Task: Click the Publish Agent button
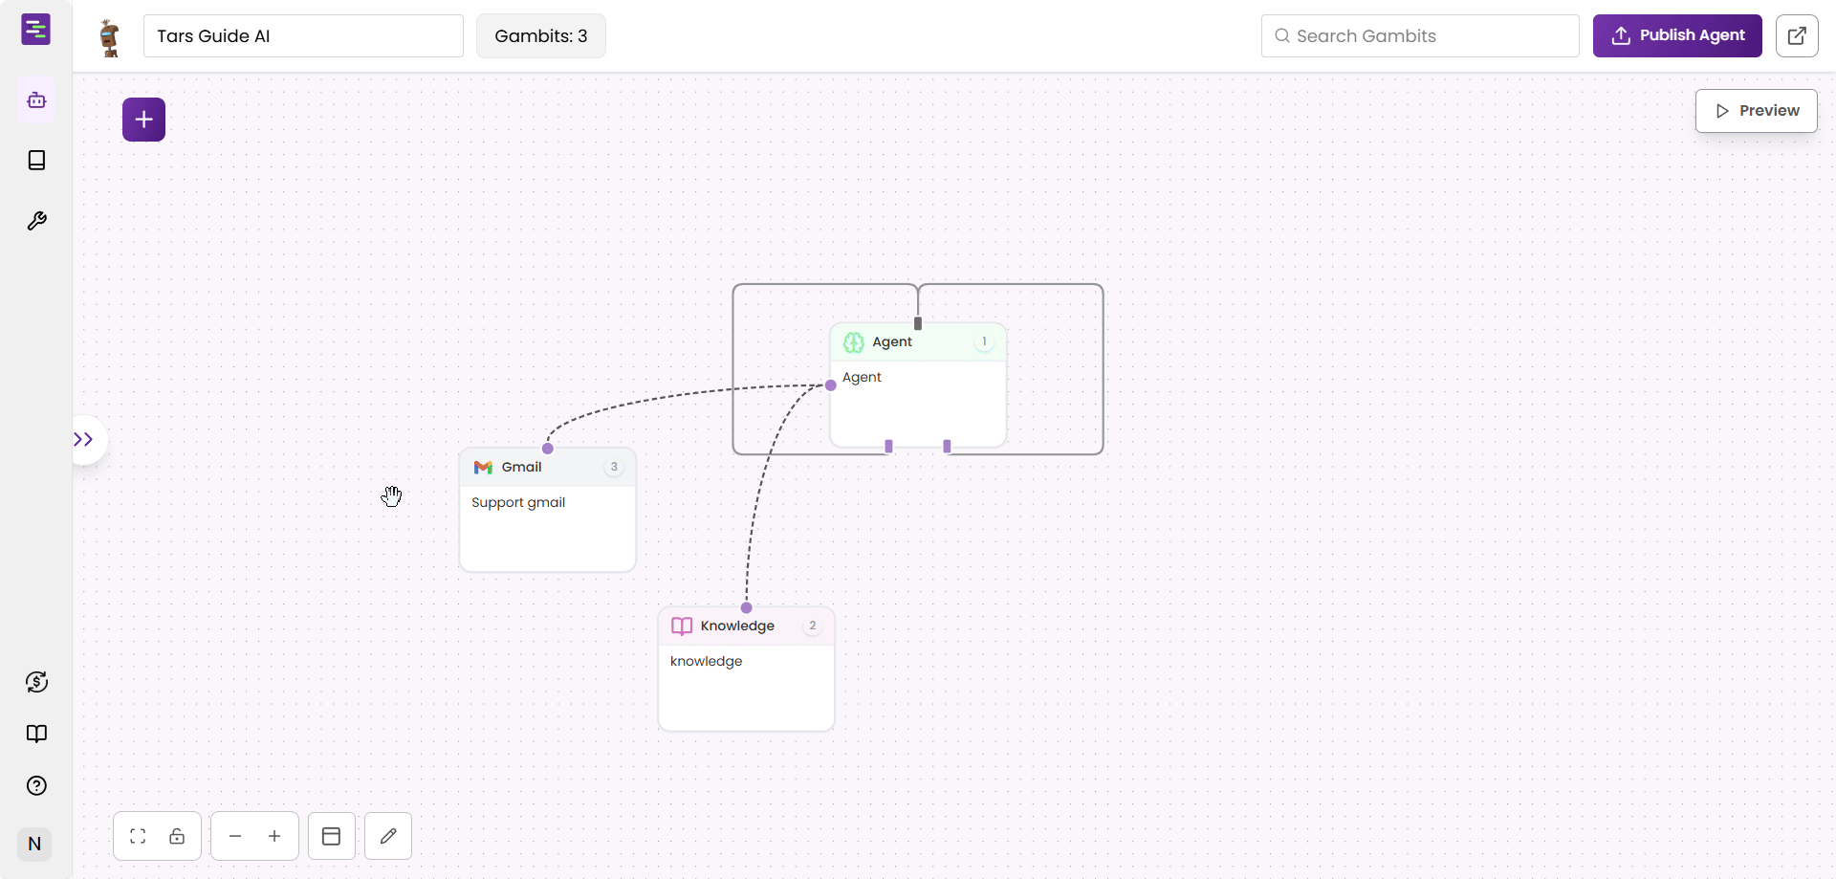coord(1676,35)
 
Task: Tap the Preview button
coord(1756,111)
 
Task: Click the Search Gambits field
coord(1420,36)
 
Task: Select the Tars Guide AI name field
coord(303,36)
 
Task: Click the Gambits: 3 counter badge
coord(540,36)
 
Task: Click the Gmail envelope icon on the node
coord(483,468)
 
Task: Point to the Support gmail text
coord(518,503)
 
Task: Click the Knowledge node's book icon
coord(682,626)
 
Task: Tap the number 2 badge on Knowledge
coord(813,626)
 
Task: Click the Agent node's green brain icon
coord(854,342)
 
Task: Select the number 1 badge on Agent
coord(984,342)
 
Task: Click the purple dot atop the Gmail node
coord(548,449)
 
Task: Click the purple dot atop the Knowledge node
coord(747,608)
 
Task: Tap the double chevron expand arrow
coord(84,440)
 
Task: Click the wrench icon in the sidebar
coord(36,222)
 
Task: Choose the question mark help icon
coord(36,786)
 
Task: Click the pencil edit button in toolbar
coord(388,837)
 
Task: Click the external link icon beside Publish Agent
coord(1797,36)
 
